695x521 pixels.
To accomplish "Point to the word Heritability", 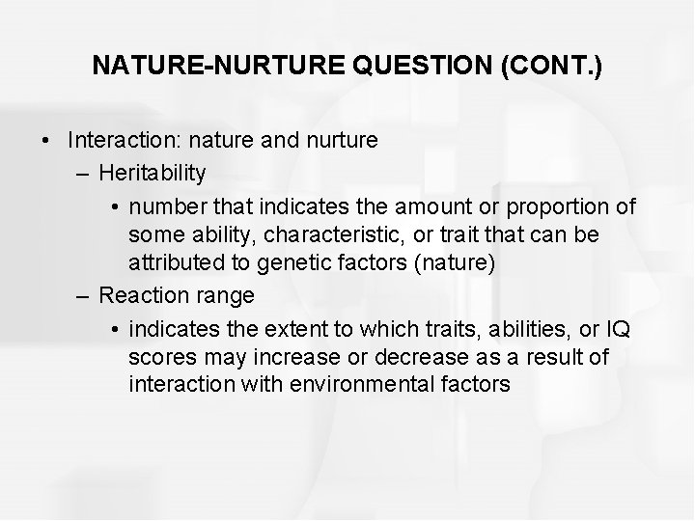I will coord(153,173).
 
